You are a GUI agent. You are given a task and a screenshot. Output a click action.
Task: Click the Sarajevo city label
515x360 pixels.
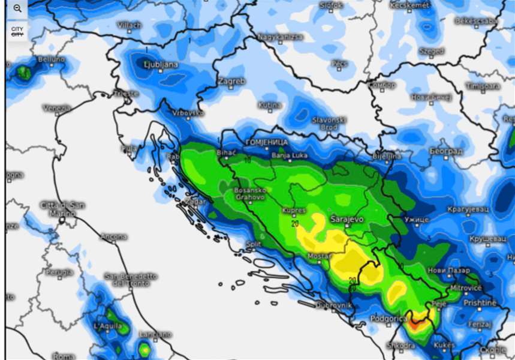(x=347, y=220)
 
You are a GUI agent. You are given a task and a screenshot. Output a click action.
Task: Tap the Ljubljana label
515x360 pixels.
(x=161, y=64)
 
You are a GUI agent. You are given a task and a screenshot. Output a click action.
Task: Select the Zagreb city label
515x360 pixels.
(x=231, y=81)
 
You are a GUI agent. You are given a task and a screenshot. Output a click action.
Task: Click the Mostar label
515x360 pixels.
(x=318, y=256)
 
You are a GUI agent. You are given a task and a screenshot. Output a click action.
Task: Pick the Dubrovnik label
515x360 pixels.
(x=335, y=305)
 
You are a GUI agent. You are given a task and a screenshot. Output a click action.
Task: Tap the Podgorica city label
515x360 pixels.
(x=388, y=319)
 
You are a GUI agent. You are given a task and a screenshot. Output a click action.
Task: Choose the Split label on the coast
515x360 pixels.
(x=254, y=244)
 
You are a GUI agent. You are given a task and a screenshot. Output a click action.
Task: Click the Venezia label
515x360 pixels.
(x=57, y=109)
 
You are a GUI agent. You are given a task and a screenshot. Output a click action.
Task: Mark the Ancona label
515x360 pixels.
(x=113, y=237)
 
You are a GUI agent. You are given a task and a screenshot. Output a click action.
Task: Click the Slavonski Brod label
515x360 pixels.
(x=329, y=123)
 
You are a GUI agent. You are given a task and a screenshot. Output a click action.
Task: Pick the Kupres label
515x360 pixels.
(x=294, y=211)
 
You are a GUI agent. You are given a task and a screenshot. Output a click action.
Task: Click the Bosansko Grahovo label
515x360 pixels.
(x=249, y=194)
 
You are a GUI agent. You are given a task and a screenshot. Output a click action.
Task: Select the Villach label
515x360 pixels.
(x=129, y=25)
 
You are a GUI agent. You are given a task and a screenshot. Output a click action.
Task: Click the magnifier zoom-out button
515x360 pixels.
(x=17, y=8)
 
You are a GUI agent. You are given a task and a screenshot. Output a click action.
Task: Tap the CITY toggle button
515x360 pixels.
(x=17, y=31)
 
